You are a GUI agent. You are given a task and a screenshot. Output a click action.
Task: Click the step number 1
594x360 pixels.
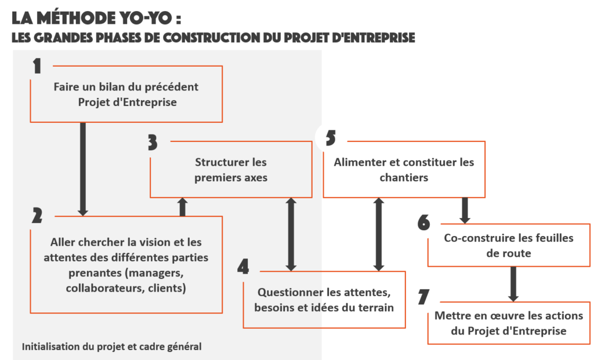coord(37,66)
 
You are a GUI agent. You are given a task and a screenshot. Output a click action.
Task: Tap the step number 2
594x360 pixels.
coord(37,216)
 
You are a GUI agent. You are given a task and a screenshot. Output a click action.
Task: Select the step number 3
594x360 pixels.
coord(153,143)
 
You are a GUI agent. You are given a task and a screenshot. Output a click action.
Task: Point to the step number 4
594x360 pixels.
coord(244,266)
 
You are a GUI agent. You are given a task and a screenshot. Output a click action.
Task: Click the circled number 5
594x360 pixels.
coord(331,138)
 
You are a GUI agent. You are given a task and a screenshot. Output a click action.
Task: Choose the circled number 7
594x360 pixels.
coord(424,297)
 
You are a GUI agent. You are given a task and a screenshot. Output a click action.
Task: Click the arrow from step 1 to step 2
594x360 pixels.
coord(83,169)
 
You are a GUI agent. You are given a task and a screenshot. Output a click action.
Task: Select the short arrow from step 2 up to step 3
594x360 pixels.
coord(183,206)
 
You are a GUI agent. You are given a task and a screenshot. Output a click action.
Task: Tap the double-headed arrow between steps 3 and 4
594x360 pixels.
coord(291,234)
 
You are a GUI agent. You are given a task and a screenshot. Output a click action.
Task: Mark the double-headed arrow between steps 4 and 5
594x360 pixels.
coord(379,234)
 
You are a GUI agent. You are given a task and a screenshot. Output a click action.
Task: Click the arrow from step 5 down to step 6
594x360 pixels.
coord(464,210)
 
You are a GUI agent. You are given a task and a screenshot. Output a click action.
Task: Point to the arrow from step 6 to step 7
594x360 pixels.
coord(513,283)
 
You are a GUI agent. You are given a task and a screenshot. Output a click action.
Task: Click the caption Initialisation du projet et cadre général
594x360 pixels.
coord(112,347)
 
